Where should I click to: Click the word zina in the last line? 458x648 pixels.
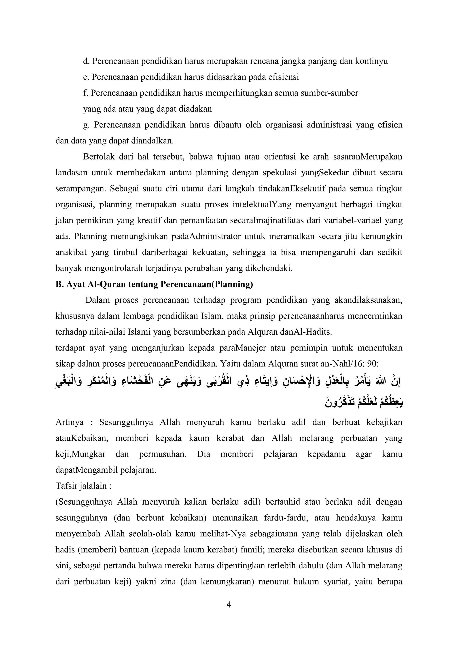click(x=168, y=582)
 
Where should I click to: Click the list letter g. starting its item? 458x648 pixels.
click(x=86, y=125)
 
